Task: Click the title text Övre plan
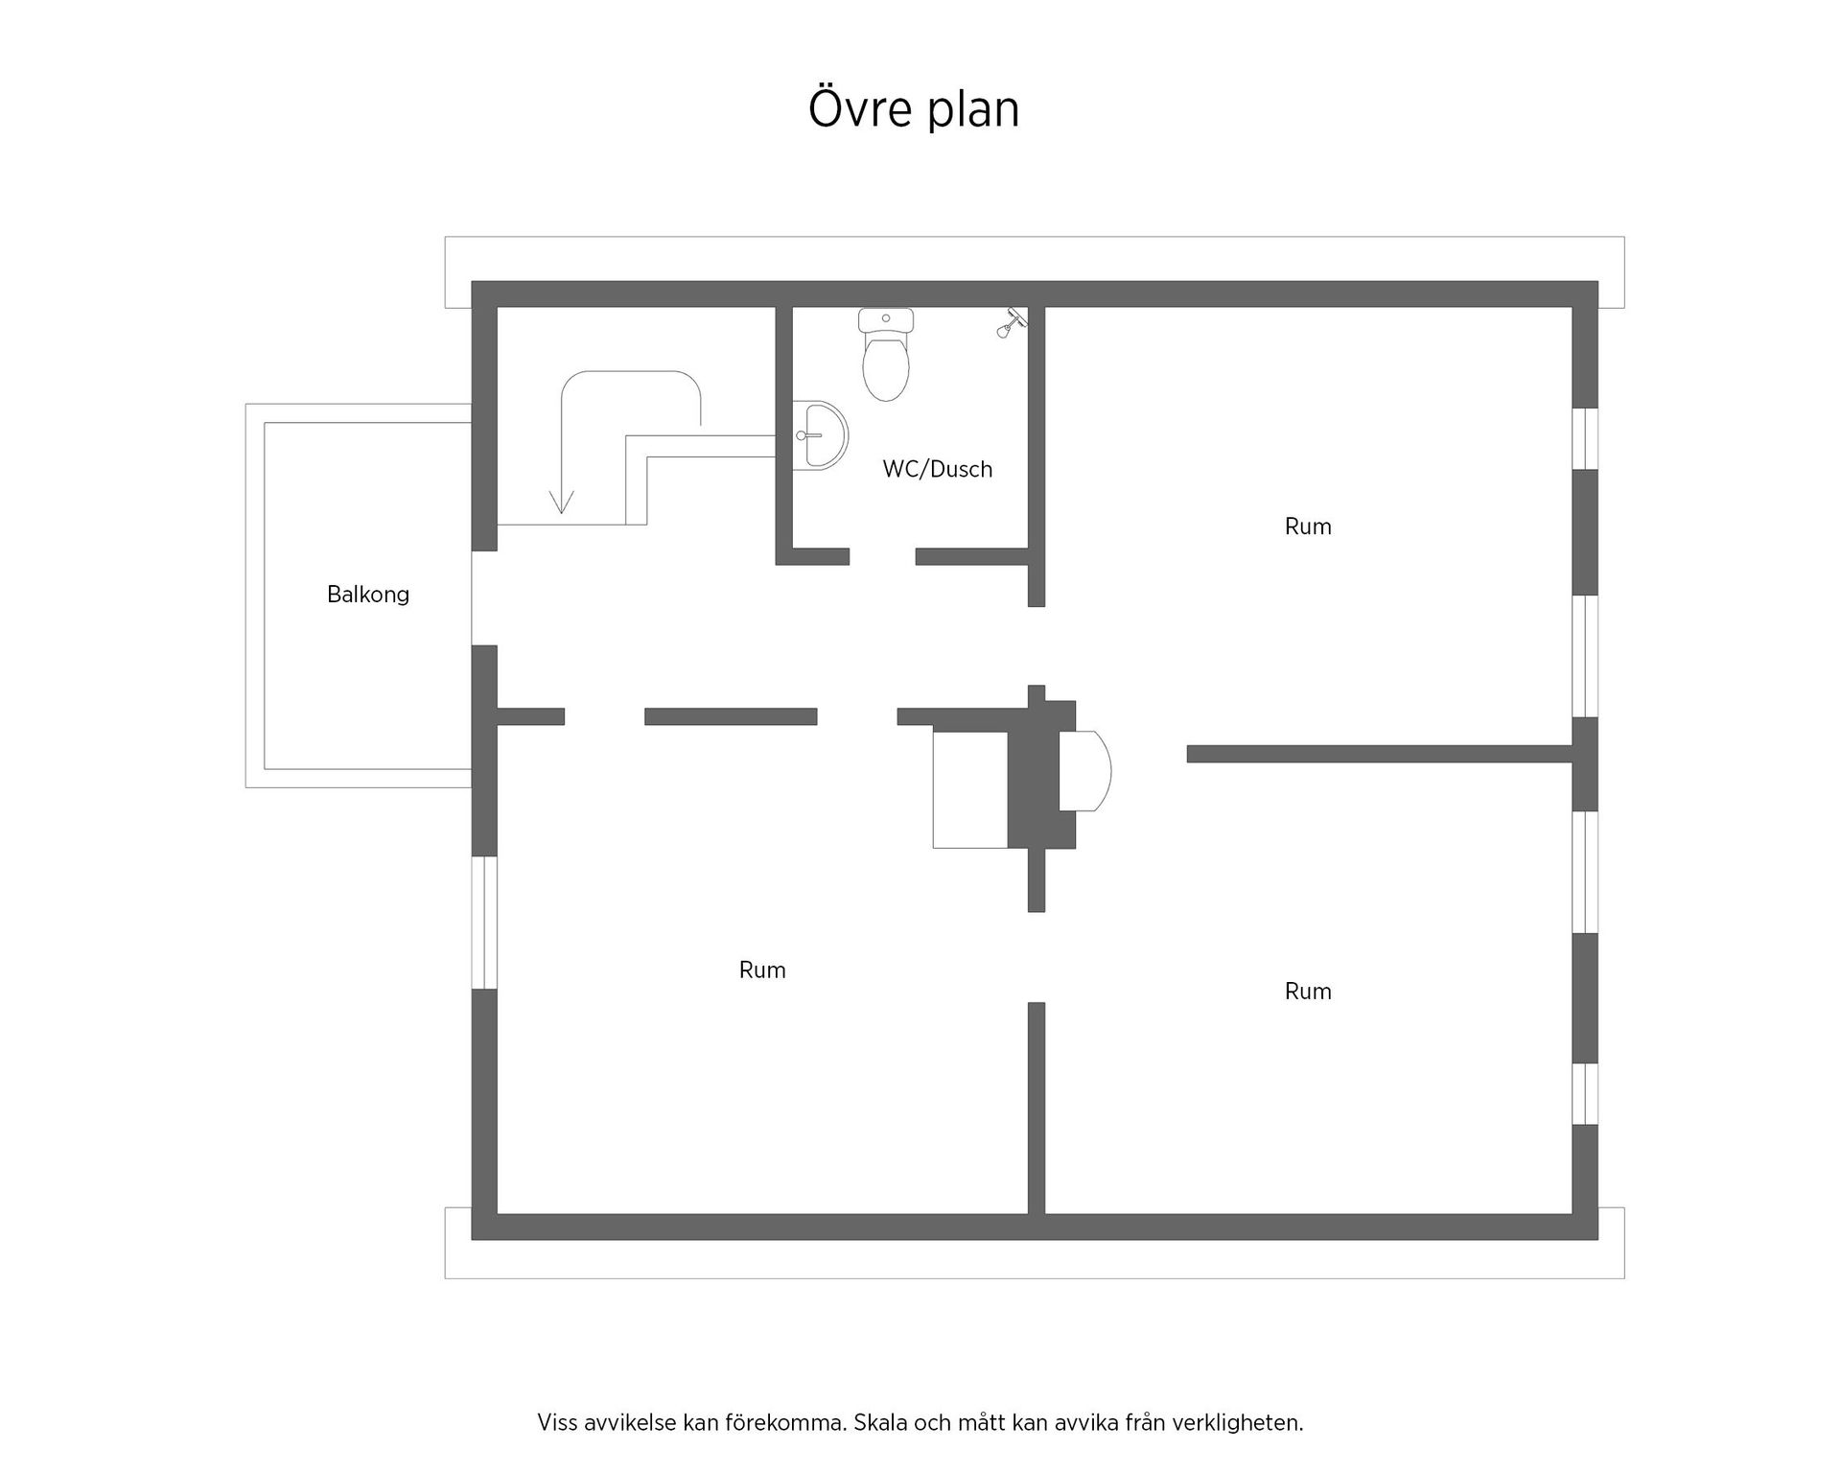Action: click(914, 109)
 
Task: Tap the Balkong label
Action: click(368, 595)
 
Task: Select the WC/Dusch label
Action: click(938, 469)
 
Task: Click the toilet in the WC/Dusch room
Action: click(885, 355)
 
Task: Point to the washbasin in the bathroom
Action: click(820, 434)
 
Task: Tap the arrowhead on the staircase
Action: click(561, 501)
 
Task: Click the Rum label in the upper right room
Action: click(1308, 526)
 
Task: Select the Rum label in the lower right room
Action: click(1308, 991)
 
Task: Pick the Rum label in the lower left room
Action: click(762, 970)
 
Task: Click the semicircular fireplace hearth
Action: click(1085, 771)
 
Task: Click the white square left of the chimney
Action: click(970, 789)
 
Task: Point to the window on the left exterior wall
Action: click(484, 923)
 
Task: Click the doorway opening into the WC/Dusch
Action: click(882, 557)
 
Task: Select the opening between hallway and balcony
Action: click(484, 598)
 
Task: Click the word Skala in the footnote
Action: click(881, 1422)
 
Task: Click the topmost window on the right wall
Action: click(1586, 438)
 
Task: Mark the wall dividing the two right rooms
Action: click(1380, 754)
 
